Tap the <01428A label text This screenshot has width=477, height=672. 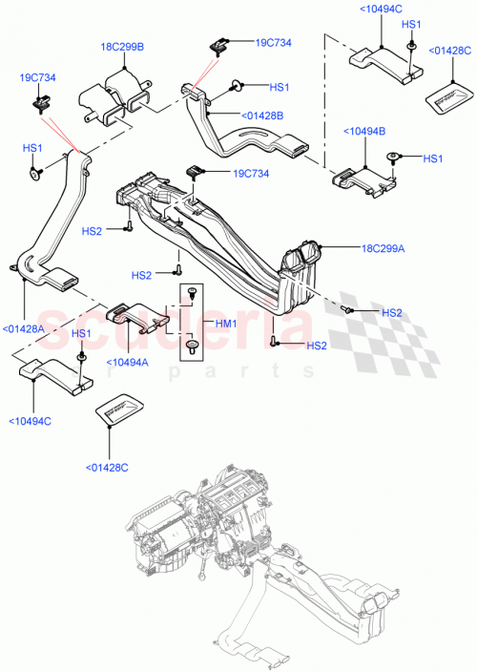tap(24, 328)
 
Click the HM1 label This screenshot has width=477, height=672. tap(224, 324)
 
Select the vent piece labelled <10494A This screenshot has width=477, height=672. tap(135, 315)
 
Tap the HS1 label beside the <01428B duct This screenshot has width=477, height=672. tap(279, 87)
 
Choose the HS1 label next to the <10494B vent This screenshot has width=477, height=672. tap(433, 158)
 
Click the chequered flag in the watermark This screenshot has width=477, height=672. tap(382, 315)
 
